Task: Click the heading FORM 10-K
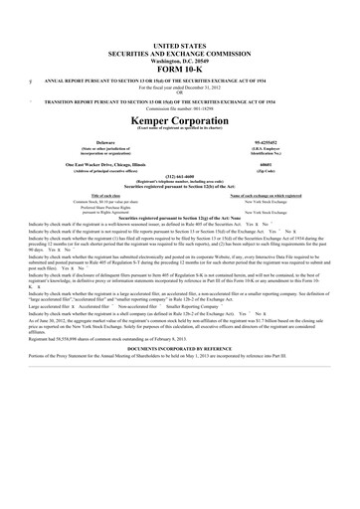click(181, 68)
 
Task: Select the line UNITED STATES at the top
click(181, 46)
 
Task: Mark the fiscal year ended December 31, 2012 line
click(181, 87)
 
